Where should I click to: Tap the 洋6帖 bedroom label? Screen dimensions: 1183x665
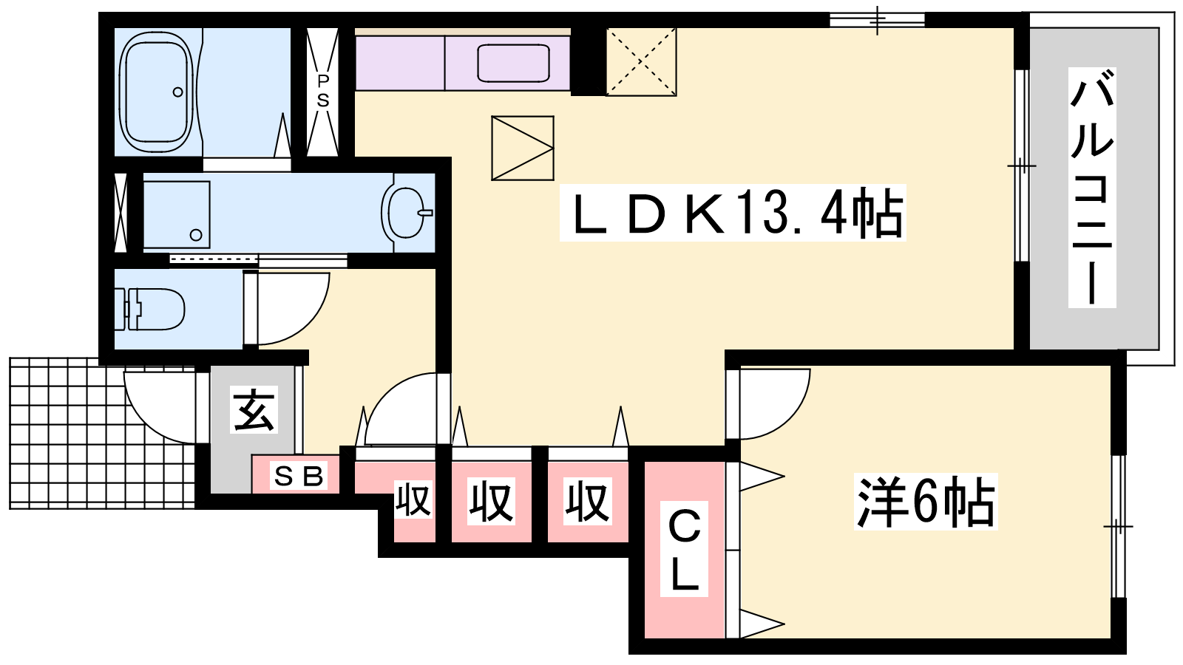tap(925, 502)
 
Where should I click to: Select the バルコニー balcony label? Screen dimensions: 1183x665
tap(1091, 188)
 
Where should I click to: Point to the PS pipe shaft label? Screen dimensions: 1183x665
tap(322, 91)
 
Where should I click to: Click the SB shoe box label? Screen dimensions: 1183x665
tap(299, 477)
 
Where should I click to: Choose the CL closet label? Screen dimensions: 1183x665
tap(684, 549)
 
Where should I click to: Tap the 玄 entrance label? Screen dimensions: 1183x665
tap(254, 409)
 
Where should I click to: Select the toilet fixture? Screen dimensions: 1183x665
tap(150, 310)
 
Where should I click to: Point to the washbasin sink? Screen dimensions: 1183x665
tap(407, 213)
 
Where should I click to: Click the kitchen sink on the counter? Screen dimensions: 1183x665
tap(513, 63)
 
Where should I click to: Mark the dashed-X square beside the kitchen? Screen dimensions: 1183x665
tap(641, 62)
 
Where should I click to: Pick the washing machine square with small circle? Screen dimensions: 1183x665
tap(177, 215)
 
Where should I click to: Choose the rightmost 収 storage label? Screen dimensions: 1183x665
tap(587, 502)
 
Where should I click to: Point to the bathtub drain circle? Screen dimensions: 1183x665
tap(178, 92)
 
